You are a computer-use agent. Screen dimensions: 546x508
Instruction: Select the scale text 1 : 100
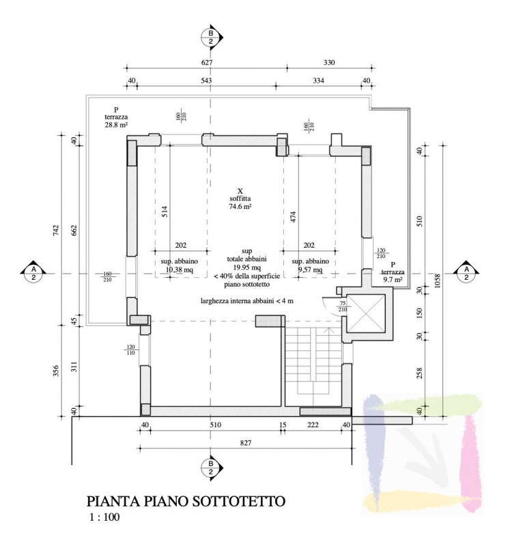pos(104,517)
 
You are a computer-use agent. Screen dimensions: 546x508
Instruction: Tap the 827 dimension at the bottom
pos(246,444)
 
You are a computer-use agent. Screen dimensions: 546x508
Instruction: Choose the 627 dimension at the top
pos(208,63)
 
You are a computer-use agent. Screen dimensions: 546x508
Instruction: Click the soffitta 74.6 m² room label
pos(240,199)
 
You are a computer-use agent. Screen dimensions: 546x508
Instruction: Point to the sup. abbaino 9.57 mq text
pos(311,266)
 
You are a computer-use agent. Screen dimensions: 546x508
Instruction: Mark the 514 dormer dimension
pos(165,210)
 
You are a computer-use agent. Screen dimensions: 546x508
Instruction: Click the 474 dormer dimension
pos(292,217)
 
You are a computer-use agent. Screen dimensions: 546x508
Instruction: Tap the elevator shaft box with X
pos(366,315)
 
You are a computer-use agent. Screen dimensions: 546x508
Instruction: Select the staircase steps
pos(311,362)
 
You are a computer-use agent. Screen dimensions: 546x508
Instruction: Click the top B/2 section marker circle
pos(211,38)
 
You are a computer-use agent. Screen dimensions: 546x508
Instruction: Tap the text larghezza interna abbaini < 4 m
pos(246,300)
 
